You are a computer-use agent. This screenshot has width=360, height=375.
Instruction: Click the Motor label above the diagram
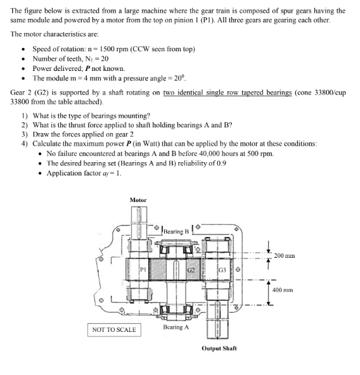tap(138, 200)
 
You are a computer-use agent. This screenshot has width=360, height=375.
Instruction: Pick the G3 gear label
tap(222, 272)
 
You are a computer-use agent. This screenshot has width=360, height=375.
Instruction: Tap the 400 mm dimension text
tap(283, 289)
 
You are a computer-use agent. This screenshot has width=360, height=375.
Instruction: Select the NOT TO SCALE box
tap(114, 329)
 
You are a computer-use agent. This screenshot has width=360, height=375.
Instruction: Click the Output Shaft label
tap(219, 348)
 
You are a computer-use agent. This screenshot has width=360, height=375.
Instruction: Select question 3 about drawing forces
tap(75, 134)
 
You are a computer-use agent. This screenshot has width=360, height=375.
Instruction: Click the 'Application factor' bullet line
tap(82, 173)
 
